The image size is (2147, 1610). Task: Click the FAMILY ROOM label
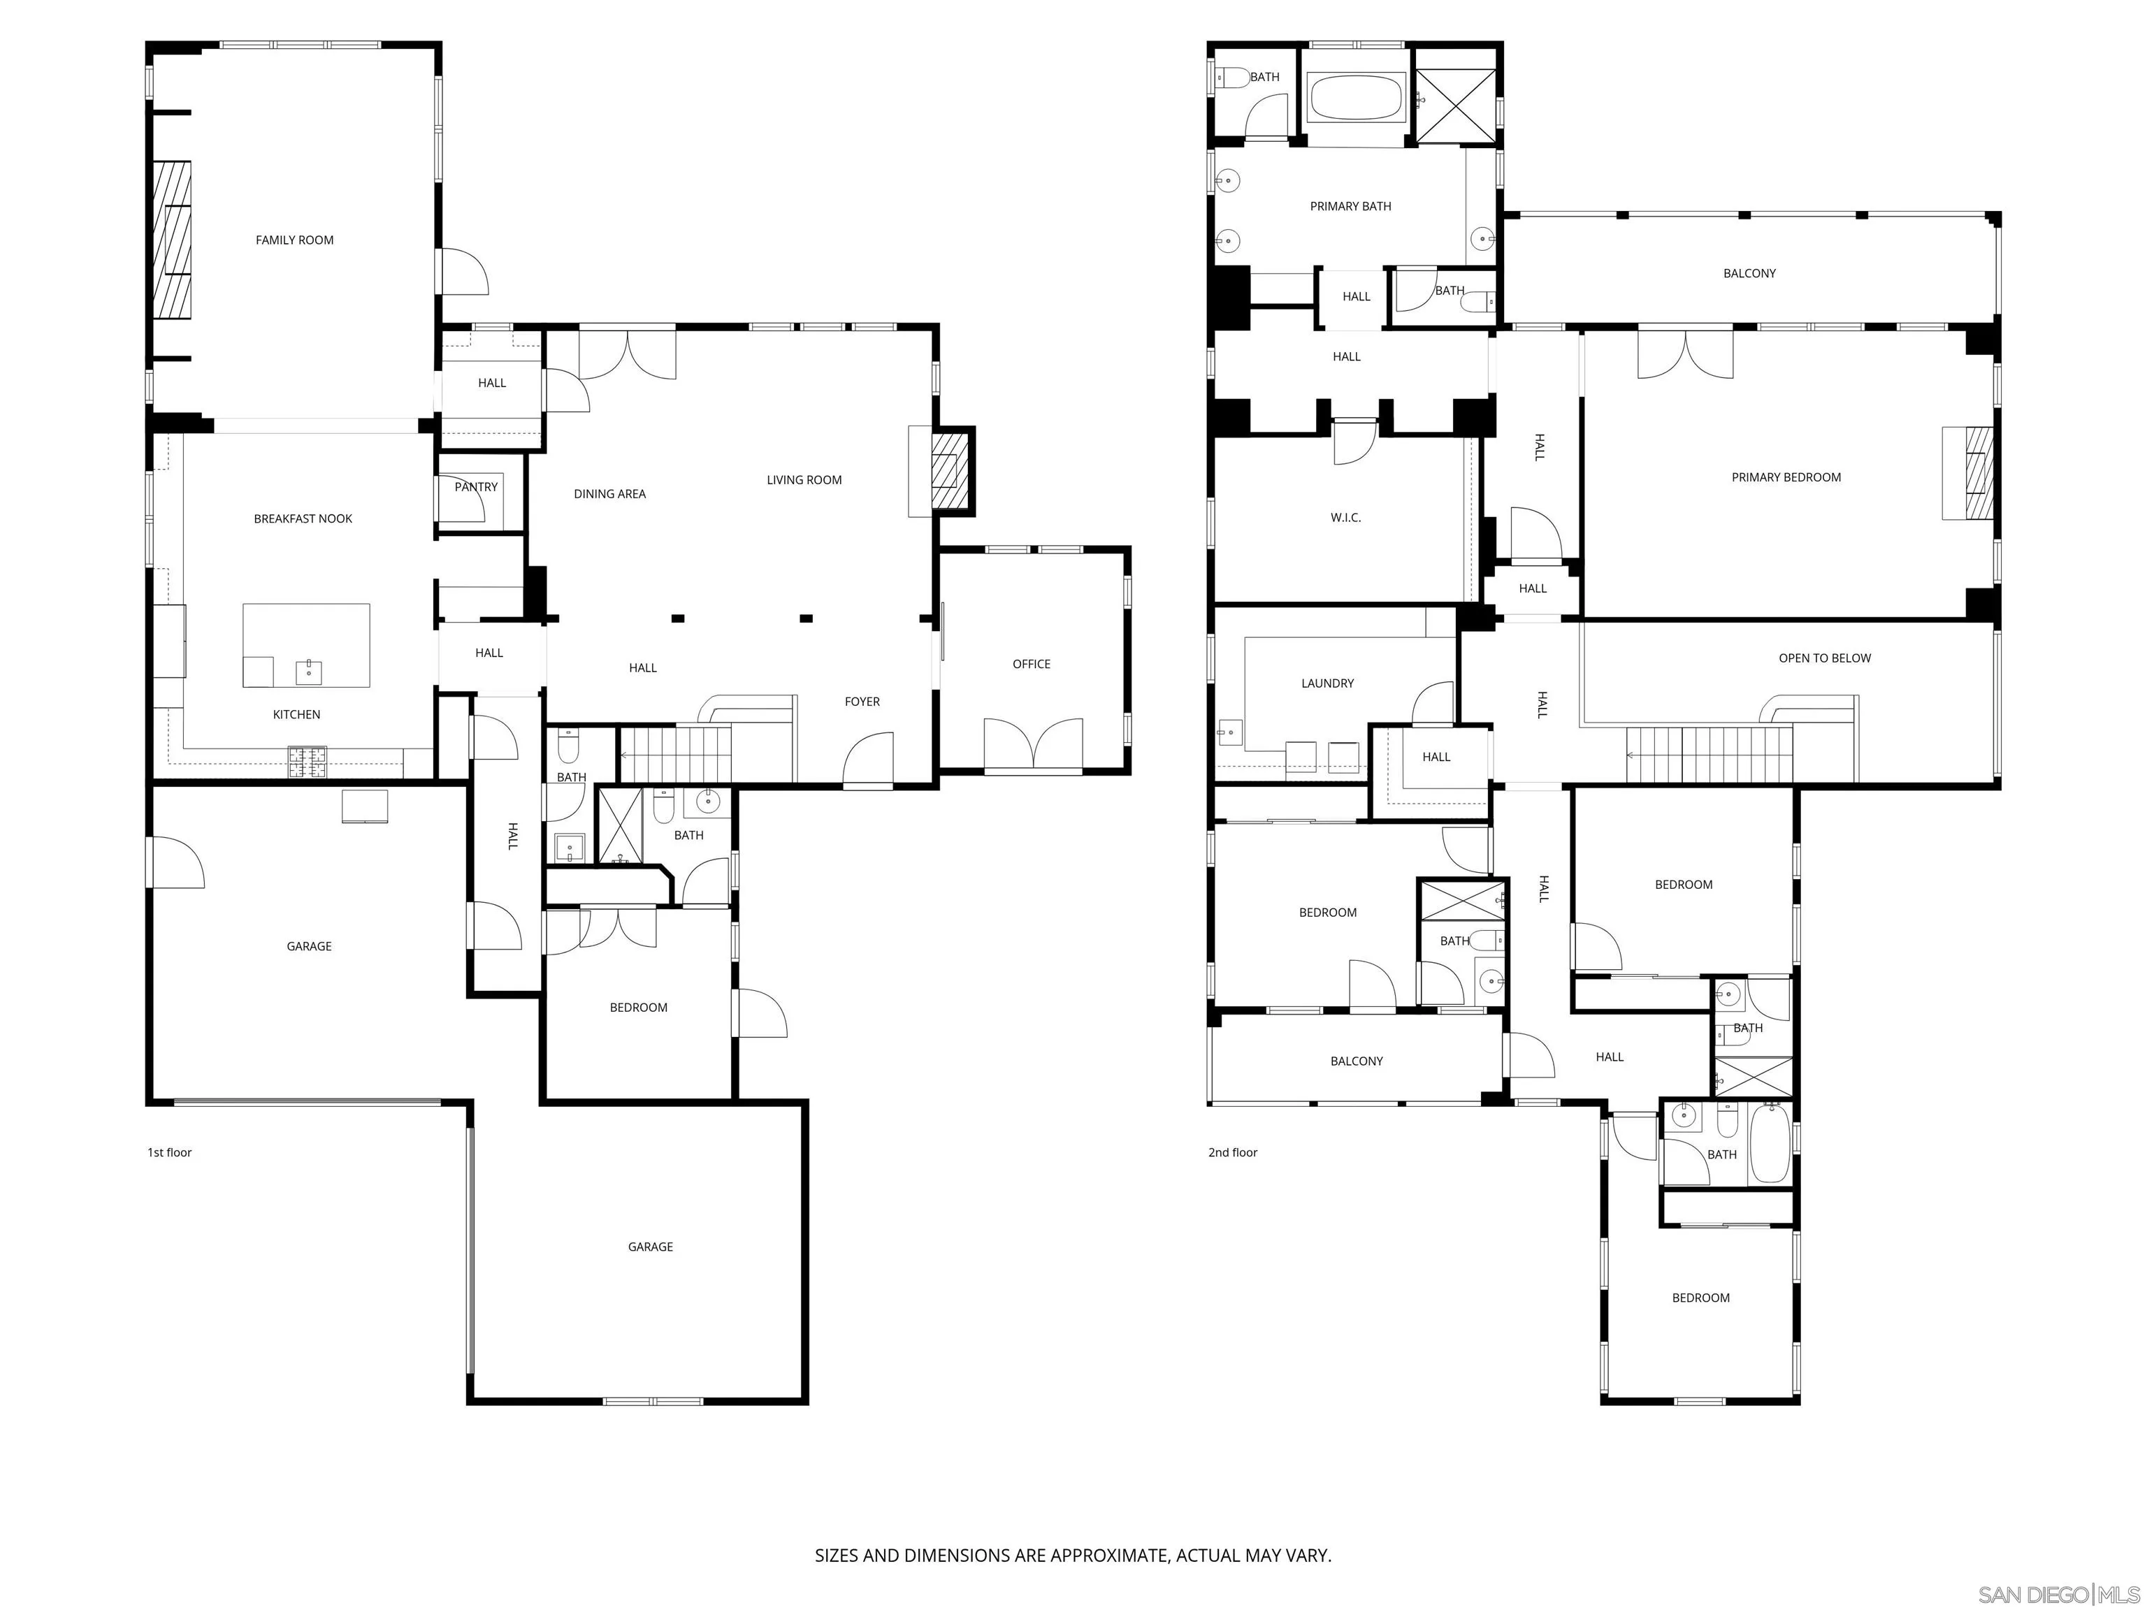294,240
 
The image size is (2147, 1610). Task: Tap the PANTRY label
476,487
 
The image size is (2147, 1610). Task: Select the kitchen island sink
309,671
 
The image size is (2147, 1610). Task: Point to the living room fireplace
949,472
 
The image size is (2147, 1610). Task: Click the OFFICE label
1031,664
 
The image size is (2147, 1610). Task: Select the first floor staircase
674,755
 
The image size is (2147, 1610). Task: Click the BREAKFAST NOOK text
303,519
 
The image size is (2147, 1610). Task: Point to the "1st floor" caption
170,1152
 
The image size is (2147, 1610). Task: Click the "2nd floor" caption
1233,1152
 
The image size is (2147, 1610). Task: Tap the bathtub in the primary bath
1356,98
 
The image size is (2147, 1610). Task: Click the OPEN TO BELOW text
1824,658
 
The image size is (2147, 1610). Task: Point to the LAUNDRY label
1326,683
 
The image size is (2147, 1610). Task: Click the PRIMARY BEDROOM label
1786,477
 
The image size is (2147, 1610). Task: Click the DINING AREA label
609,494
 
